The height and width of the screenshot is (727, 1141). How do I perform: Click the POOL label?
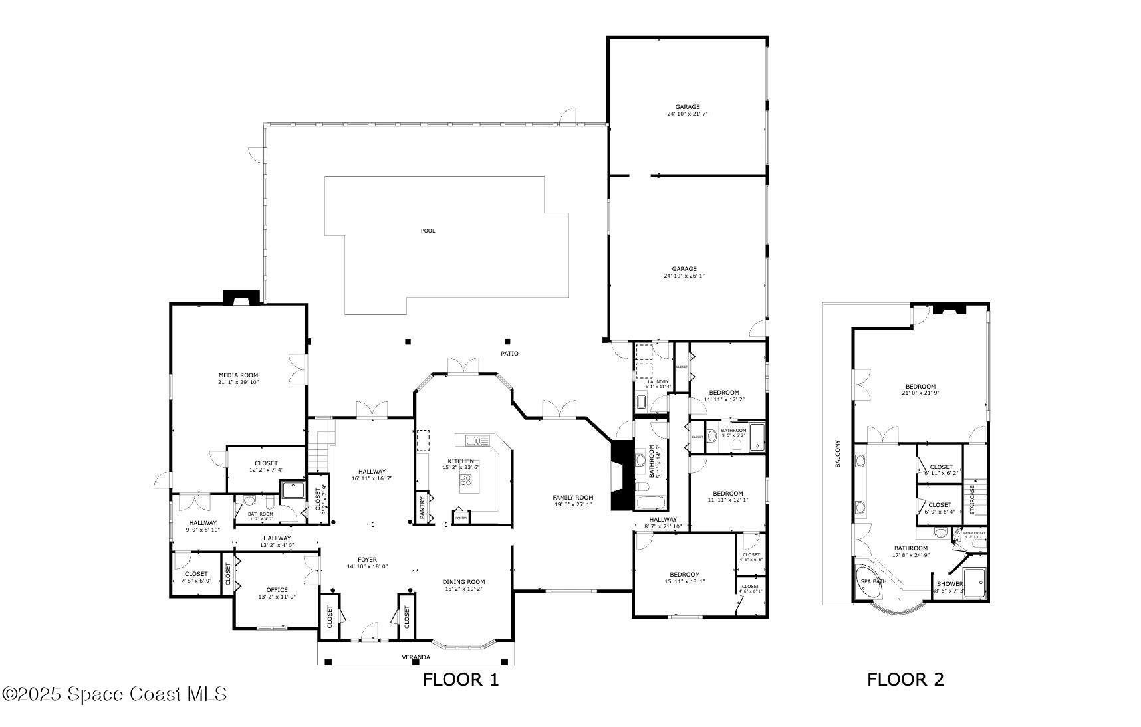(428, 231)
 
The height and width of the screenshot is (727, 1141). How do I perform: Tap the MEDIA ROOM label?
(238, 375)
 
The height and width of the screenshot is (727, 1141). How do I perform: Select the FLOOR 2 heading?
(905, 679)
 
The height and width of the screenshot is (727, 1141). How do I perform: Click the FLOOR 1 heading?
(460, 679)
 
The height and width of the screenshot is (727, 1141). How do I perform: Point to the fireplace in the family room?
(619, 475)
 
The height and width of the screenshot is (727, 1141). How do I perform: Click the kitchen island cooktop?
(468, 482)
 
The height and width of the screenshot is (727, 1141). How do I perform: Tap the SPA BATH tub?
(873, 582)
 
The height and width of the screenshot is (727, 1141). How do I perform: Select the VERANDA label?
(416, 657)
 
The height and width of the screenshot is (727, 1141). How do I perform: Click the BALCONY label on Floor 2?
(838, 454)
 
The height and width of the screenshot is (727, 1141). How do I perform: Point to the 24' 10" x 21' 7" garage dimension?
(688, 114)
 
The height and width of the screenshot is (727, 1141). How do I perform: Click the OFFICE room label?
(277, 590)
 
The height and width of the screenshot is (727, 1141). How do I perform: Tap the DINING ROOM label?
(463, 582)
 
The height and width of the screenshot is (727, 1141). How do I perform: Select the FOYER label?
(367, 560)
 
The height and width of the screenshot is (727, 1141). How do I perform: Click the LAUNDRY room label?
(658, 382)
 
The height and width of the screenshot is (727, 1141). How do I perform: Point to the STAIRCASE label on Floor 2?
(972, 499)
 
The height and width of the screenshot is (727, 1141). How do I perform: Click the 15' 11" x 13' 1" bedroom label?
(684, 575)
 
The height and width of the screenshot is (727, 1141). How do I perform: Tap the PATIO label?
(509, 353)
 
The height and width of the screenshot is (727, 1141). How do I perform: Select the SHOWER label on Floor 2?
(950, 584)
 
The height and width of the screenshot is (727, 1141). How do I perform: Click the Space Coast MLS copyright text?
(114, 694)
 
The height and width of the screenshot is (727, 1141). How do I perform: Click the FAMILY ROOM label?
(572, 497)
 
